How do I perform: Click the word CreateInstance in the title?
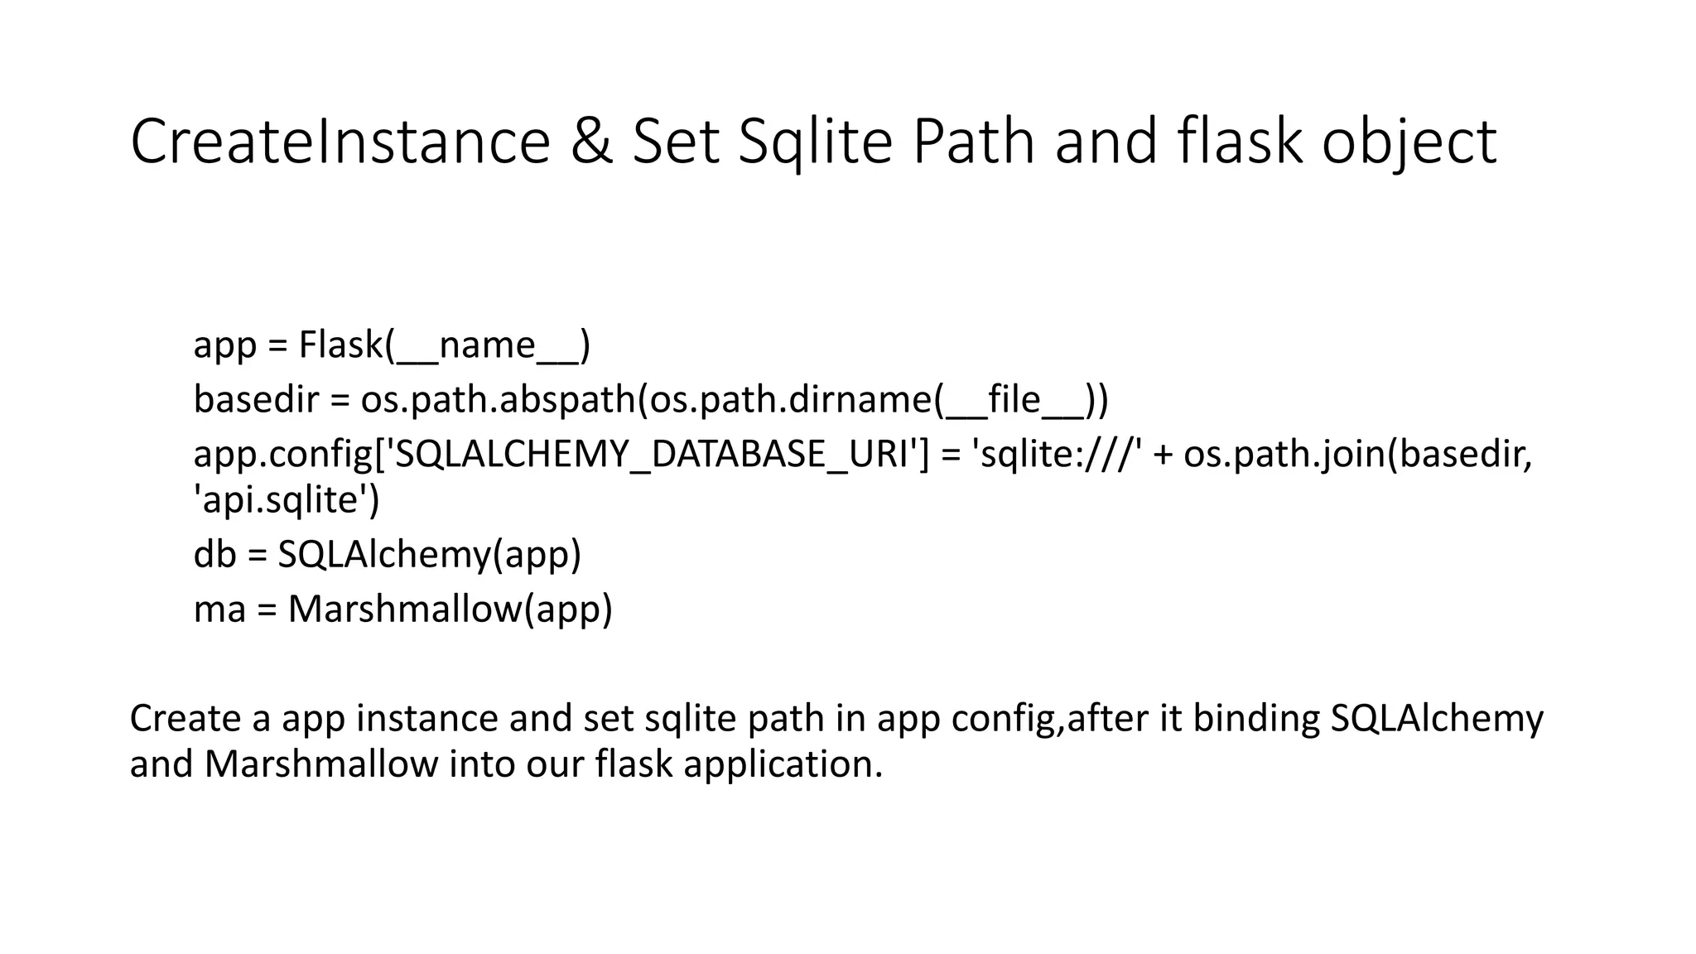[x=340, y=142]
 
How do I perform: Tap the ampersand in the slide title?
[x=590, y=142]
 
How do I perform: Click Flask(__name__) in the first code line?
[x=444, y=344]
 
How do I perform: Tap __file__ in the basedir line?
[x=1015, y=400]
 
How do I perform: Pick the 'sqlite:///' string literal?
[x=1060, y=455]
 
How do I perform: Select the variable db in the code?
[x=214, y=554]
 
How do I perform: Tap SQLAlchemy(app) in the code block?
[x=429, y=554]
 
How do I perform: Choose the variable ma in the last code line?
[x=219, y=609]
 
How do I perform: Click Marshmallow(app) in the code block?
[x=450, y=609]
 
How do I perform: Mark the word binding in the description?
[x=1255, y=718]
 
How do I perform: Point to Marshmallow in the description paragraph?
[x=321, y=764]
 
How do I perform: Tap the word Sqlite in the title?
[x=815, y=143]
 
